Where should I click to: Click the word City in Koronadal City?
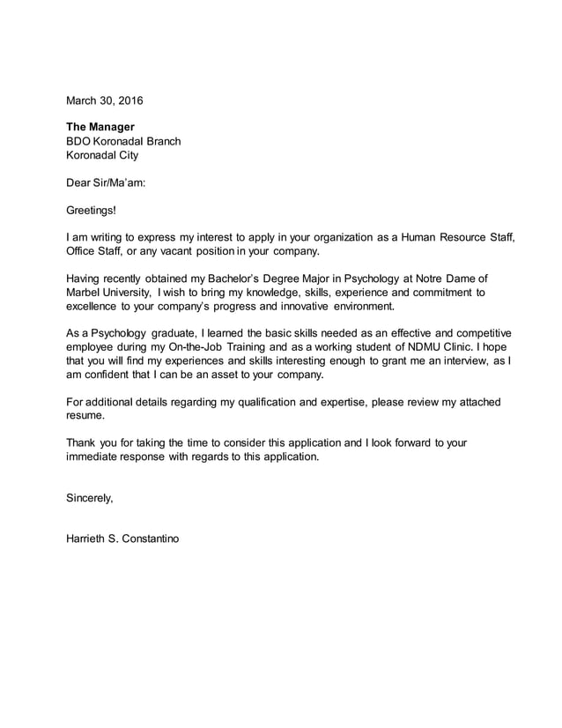tap(126, 156)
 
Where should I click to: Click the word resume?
tap(85, 416)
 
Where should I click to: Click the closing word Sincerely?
tap(90, 498)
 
